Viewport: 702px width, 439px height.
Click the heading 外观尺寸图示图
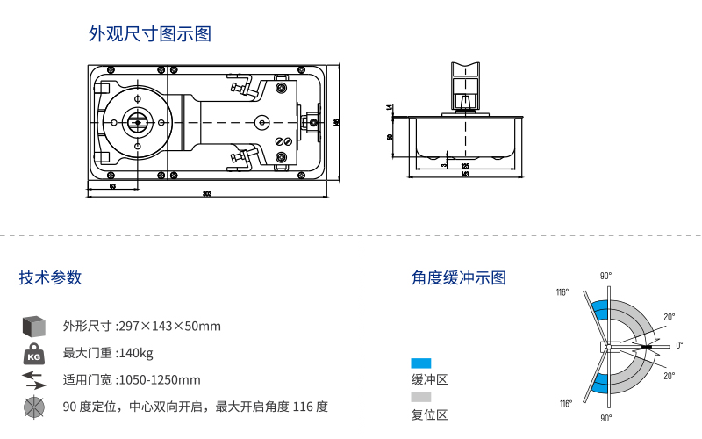point(150,34)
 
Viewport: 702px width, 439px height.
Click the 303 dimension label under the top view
point(207,194)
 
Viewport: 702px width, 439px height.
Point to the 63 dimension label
point(112,186)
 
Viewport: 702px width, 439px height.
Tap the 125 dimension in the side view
point(465,166)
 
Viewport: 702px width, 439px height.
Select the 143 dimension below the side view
point(465,174)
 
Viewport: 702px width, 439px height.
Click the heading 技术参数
point(50,277)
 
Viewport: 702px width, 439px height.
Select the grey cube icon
point(33,326)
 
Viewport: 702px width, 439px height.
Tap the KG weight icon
point(33,354)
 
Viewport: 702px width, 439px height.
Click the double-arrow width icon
point(33,379)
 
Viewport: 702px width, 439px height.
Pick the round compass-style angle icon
point(33,407)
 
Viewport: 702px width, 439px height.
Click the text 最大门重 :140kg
point(108,354)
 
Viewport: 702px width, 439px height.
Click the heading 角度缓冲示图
point(459,277)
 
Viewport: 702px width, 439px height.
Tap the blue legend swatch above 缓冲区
point(421,363)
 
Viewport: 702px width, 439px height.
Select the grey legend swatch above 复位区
point(421,397)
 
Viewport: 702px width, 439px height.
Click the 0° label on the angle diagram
point(679,345)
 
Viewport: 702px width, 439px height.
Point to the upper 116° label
point(562,291)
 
